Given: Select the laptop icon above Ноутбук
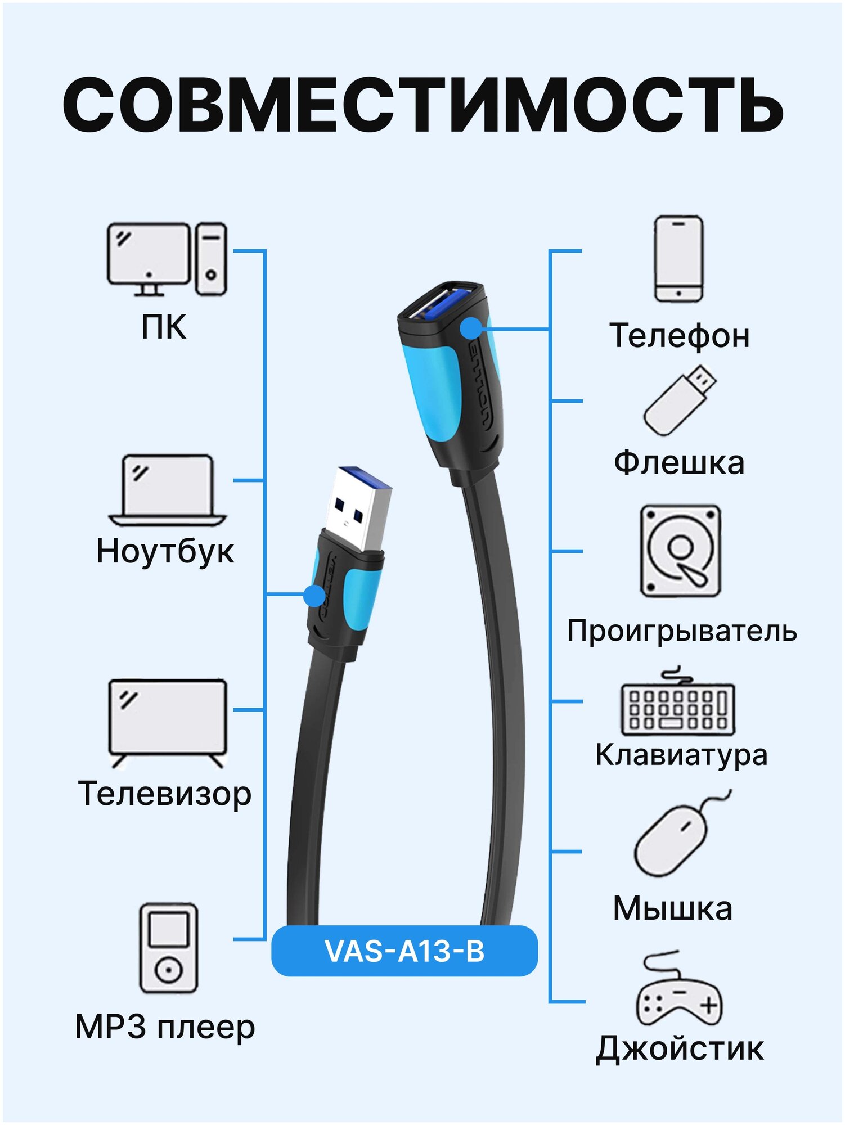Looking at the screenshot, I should [167, 489].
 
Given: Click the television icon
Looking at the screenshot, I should [167, 722].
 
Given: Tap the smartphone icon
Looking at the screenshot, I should [678, 259].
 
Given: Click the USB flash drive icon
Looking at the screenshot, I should [680, 400].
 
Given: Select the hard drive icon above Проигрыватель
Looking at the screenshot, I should [680, 551].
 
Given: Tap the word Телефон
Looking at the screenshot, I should [680, 336].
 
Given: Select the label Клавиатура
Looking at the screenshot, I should [681, 755].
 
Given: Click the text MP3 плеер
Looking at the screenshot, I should [165, 1027].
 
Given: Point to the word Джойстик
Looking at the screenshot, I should [680, 1048].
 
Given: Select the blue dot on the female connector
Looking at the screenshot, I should [471, 328].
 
